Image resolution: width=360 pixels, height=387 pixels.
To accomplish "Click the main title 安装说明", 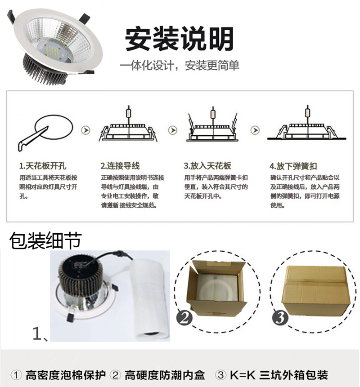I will click(179, 39).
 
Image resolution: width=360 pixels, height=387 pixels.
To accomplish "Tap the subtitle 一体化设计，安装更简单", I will click(179, 66).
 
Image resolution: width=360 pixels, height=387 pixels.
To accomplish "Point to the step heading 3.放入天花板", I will click(207, 166).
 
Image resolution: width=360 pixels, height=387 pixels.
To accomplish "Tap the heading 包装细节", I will click(45, 241).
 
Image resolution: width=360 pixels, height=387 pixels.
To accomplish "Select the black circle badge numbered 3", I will click(280, 318).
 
